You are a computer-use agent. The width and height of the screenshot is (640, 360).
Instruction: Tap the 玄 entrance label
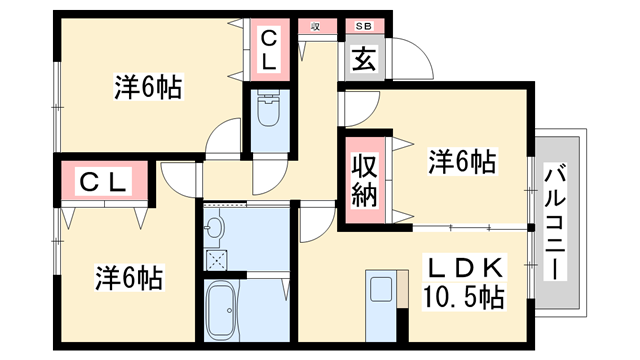(x=360, y=60)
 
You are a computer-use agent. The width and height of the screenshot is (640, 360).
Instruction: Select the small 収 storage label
(x=314, y=27)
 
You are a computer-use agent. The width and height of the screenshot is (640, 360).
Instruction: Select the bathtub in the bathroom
(x=221, y=310)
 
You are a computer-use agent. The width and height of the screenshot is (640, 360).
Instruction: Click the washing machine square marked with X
(x=217, y=259)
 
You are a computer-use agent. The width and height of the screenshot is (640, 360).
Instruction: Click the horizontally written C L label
(x=103, y=183)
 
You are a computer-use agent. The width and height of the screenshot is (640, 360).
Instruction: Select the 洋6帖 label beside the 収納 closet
(x=463, y=161)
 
